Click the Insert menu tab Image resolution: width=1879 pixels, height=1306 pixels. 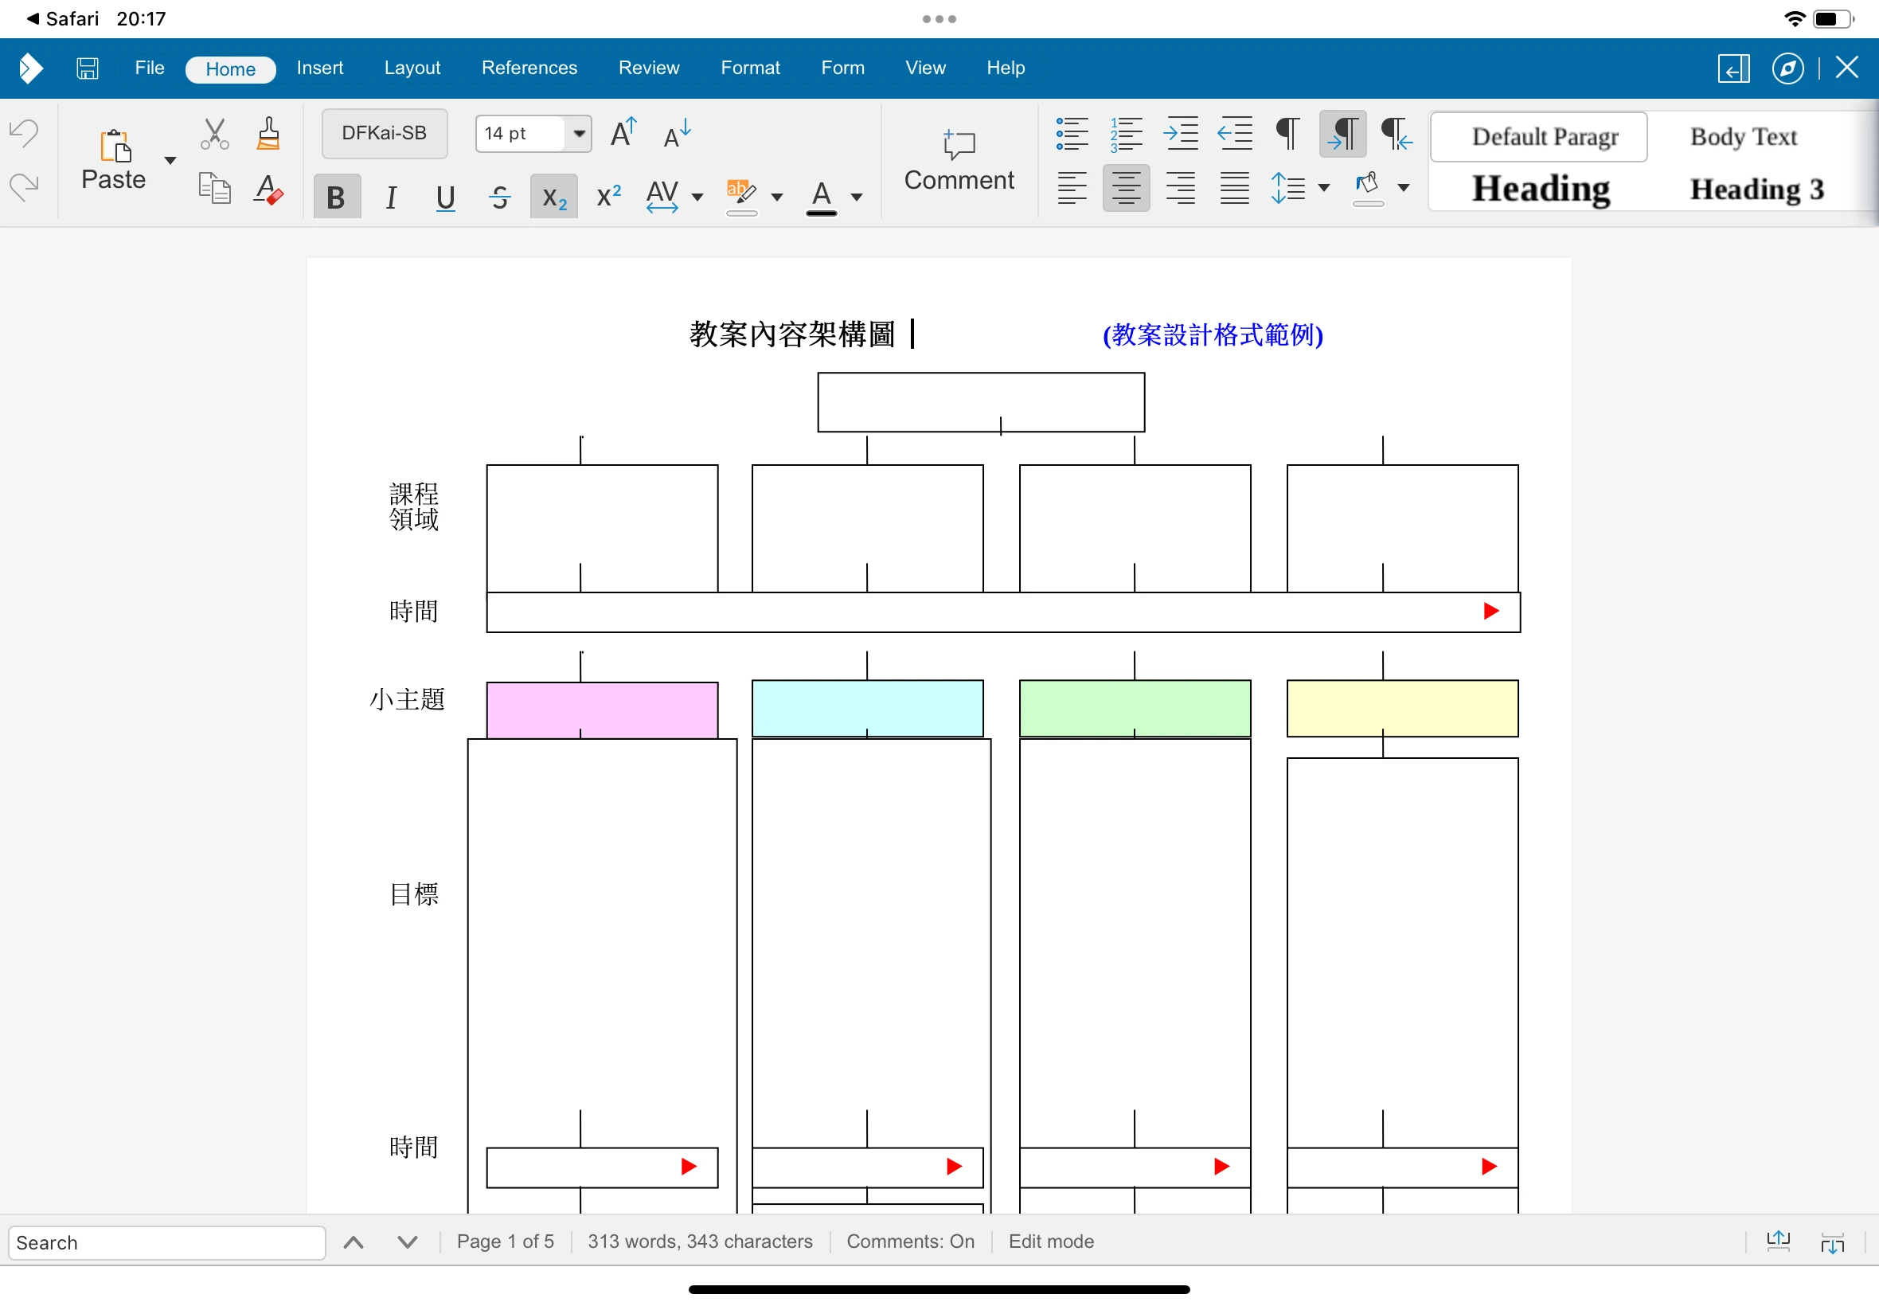320,68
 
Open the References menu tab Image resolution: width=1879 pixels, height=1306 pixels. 529,68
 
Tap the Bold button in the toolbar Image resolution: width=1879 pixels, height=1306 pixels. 336,197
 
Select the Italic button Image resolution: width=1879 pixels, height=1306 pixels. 391,197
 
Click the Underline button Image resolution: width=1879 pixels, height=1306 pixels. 445,197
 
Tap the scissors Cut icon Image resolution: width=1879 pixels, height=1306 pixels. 214,133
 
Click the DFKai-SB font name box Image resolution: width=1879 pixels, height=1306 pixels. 385,133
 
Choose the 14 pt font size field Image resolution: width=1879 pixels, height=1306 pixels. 520,133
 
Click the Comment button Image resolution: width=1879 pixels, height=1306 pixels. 959,160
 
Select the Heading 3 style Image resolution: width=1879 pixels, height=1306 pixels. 1757,190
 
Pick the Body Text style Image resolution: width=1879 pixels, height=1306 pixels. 1743,137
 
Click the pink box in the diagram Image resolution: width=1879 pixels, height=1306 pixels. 602,710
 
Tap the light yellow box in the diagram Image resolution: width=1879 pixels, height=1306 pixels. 1402,709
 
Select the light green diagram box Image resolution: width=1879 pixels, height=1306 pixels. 1135,709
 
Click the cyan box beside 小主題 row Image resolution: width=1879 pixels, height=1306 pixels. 867,709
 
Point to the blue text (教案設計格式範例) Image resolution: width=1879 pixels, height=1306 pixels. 1213,334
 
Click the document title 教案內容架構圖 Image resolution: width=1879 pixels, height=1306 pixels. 792,334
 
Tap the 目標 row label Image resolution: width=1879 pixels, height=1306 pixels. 414,894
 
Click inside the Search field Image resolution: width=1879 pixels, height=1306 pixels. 167,1243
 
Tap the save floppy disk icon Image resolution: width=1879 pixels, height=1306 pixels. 88,68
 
